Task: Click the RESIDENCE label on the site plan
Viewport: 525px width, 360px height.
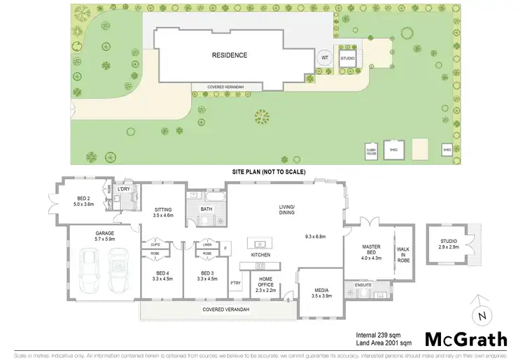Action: (x=230, y=55)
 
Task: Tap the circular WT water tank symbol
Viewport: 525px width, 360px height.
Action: (x=323, y=58)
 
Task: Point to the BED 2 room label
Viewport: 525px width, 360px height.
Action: (x=83, y=200)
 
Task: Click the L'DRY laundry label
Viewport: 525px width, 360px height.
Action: (x=125, y=190)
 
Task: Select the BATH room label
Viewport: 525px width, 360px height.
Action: (x=206, y=209)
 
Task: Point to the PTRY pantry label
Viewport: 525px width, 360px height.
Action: (x=234, y=283)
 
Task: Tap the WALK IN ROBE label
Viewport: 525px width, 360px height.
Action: (x=404, y=254)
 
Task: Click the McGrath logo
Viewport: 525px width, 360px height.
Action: (x=464, y=340)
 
